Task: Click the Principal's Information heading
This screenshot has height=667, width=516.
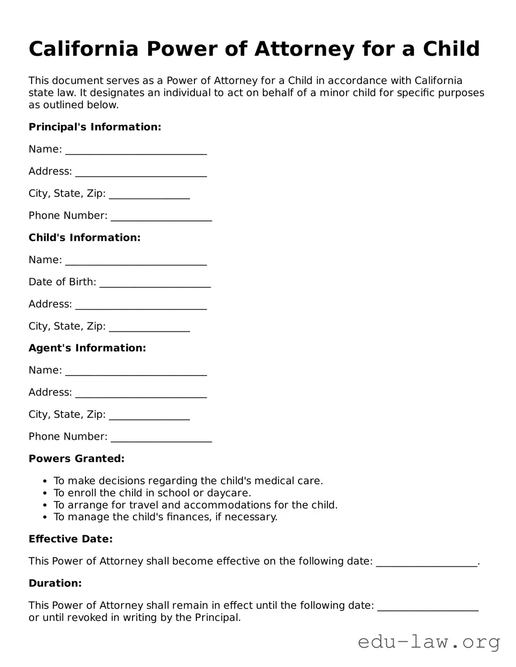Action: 95,127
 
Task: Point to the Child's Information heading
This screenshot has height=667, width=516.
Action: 84,238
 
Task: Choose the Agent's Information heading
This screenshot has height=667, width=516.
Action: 87,348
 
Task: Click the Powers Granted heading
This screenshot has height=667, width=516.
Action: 76,459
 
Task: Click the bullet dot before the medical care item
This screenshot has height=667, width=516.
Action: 45,481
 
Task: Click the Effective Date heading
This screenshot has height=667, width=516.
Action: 71,539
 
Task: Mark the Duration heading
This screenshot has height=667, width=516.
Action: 55,584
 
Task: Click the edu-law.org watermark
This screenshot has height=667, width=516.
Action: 429,642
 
